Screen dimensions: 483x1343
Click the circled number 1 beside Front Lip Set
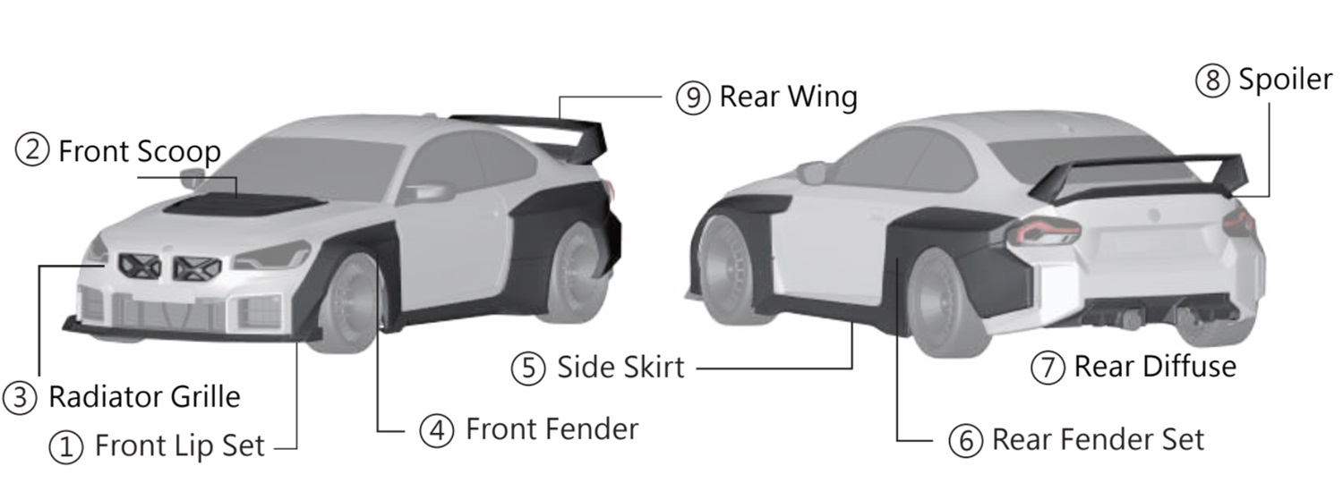pyautogui.click(x=65, y=446)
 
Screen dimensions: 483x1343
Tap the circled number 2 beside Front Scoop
pyautogui.click(x=32, y=150)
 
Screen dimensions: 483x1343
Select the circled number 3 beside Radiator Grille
pyautogui.click(x=19, y=396)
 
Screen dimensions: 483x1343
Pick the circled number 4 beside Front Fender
pyautogui.click(x=436, y=430)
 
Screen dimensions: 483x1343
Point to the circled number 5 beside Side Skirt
pyautogui.click(x=528, y=367)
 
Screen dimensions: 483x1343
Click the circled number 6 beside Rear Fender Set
pyautogui.click(x=965, y=440)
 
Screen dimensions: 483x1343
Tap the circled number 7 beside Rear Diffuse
pyautogui.click(x=1047, y=367)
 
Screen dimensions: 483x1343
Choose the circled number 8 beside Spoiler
pyautogui.click(x=1211, y=80)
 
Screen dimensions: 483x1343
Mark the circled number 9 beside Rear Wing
pyautogui.click(x=693, y=97)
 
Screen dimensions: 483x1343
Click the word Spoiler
pyautogui.click(x=1286, y=80)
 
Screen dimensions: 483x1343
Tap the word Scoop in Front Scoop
pyautogui.click(x=178, y=151)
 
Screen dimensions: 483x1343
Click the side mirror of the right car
pyautogui.click(x=811, y=172)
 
